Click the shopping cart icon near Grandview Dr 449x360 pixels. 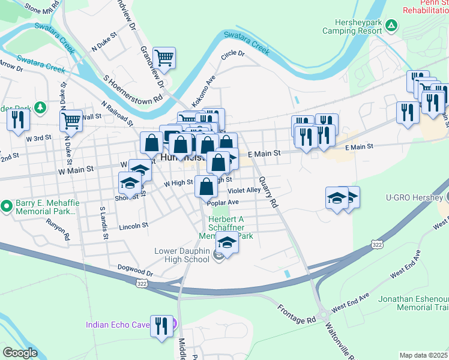pos(164,59)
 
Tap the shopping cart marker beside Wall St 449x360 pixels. pos(71,121)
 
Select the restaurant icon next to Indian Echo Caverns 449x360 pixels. pos(161,326)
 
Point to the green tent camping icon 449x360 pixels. pos(391,25)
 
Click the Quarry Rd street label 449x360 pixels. pos(268,191)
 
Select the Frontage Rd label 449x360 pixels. pos(297,314)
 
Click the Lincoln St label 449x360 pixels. pos(133,226)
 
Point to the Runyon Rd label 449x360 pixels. pos(59,230)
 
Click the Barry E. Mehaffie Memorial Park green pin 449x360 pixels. pos(7,206)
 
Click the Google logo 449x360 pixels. pos(20,353)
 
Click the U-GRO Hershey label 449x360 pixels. pos(412,197)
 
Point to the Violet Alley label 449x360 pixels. pos(244,190)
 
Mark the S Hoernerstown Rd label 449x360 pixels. pos(133,89)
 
